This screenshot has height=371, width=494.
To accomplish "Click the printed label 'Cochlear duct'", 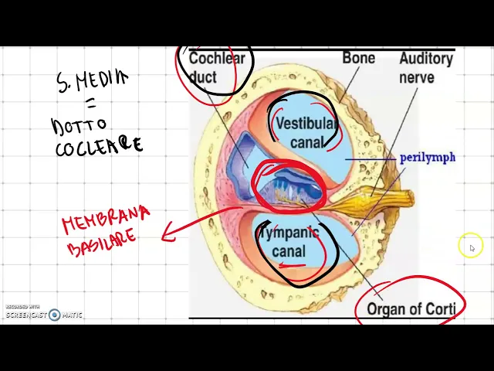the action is (215, 67).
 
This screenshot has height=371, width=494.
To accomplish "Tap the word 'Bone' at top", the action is (358, 58).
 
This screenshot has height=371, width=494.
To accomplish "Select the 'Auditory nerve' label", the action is (425, 68).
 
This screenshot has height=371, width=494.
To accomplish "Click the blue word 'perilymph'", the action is (427, 158).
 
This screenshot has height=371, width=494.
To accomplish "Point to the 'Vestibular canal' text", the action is (306, 132).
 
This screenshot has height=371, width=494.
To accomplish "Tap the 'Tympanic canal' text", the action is (289, 241).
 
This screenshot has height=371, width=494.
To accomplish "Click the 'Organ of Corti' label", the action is (411, 309).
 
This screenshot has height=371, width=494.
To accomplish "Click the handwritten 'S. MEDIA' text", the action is (92, 80).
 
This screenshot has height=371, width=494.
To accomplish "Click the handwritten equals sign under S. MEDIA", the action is (90, 103).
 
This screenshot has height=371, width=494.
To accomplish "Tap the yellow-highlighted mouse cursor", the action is (471, 247).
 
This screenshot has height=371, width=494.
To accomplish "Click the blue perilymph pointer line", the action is (370, 159).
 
